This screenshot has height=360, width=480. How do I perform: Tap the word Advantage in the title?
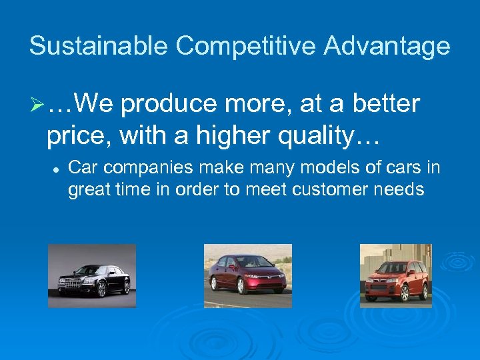[386, 46]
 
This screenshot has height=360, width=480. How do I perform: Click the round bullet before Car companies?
[51, 170]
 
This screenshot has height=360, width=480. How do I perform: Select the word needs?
[402, 189]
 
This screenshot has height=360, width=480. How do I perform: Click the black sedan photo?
[92, 275]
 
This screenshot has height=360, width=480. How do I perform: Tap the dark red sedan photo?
[247, 275]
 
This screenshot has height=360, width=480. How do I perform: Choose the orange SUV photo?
[395, 275]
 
